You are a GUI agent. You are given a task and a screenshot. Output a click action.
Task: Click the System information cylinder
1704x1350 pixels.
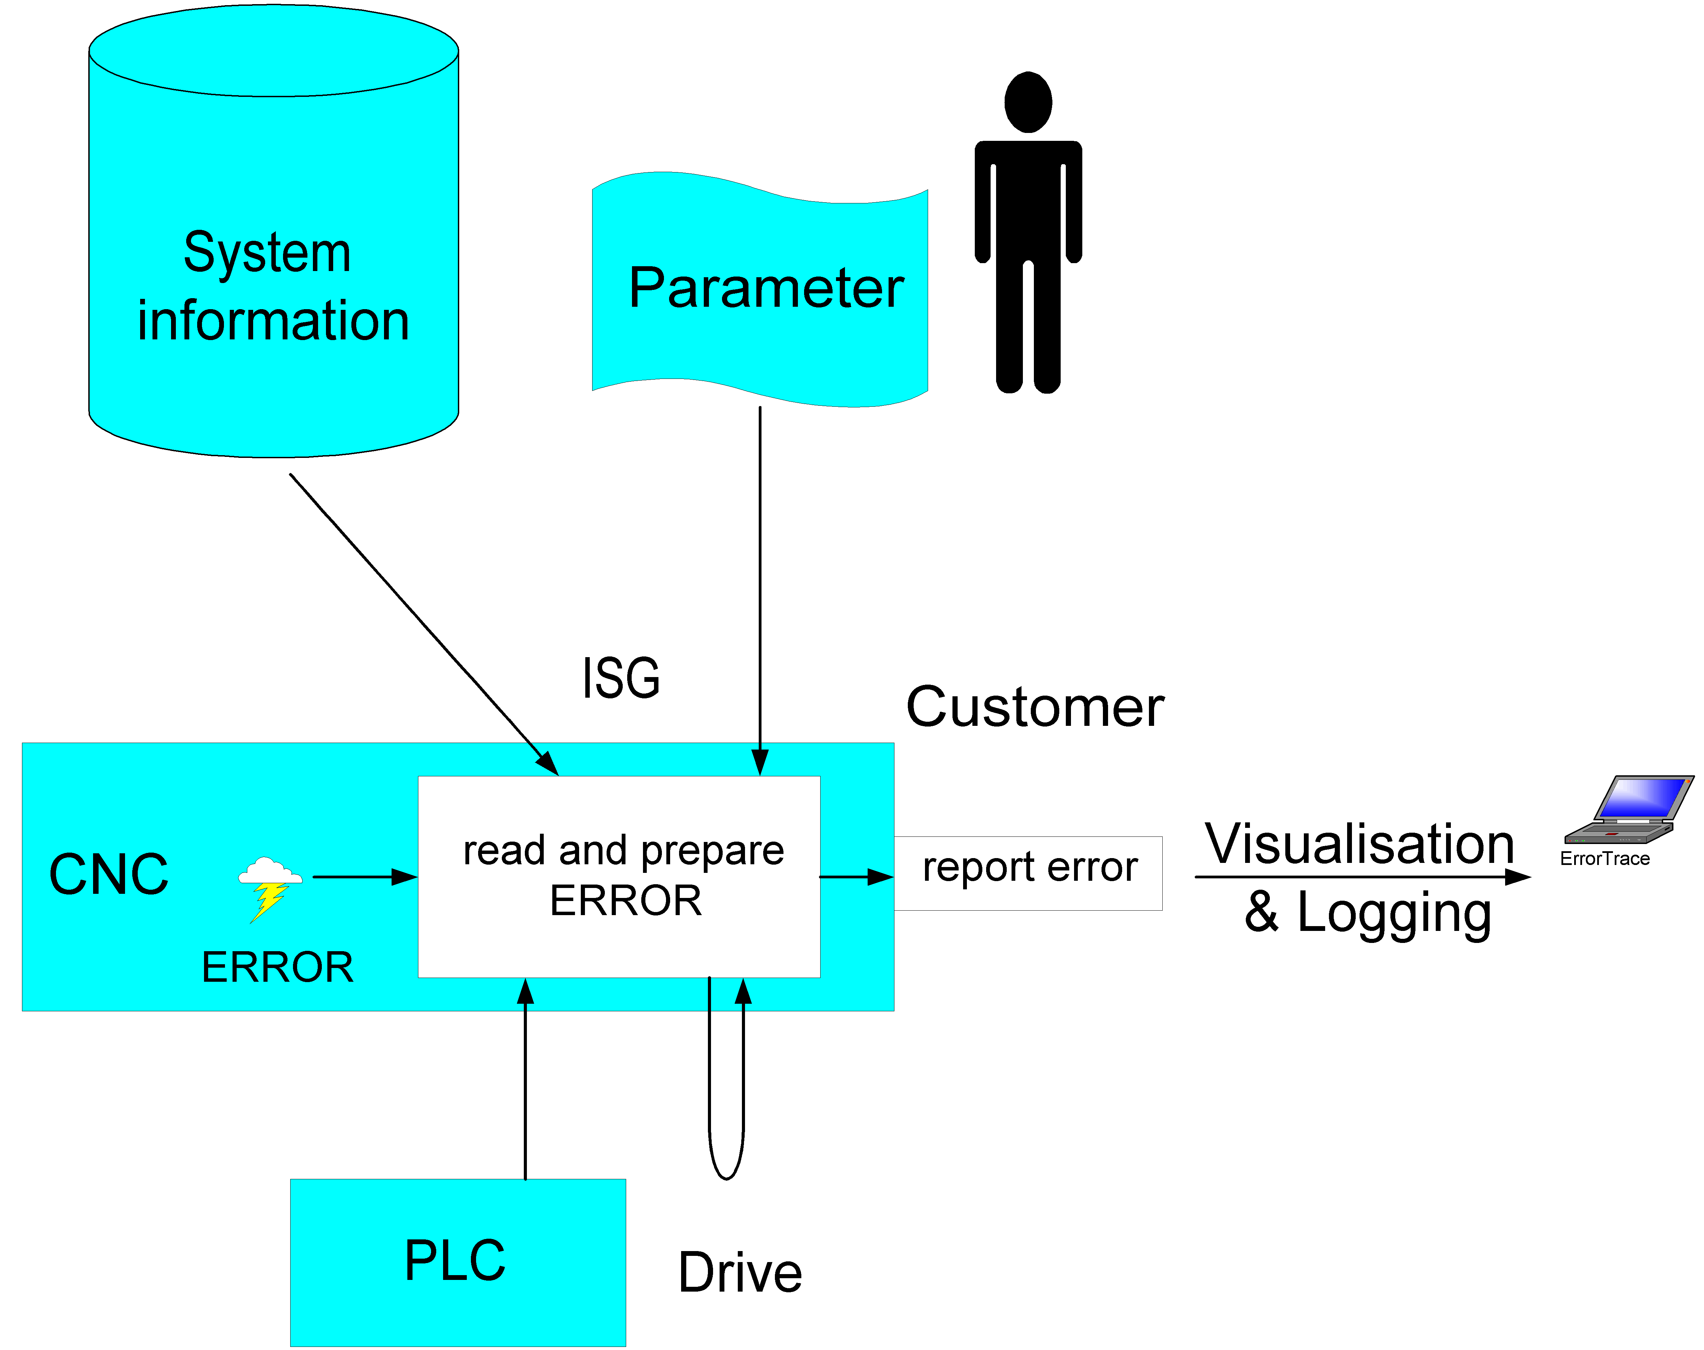273,237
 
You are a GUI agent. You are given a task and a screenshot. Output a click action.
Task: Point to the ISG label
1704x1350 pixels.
621,678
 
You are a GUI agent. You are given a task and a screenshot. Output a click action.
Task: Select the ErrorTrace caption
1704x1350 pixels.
1604,859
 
